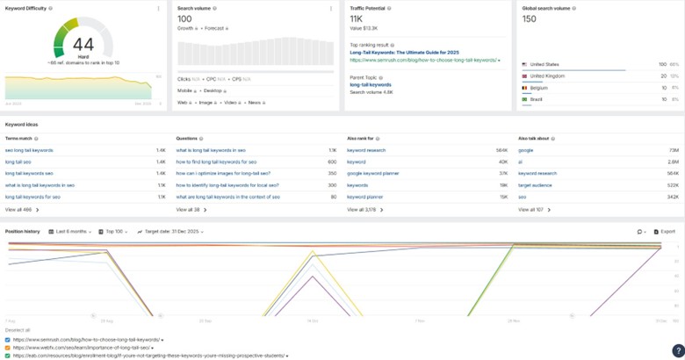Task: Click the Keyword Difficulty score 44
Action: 83,44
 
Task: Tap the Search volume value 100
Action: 184,18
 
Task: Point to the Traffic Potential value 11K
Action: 356,18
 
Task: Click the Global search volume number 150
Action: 529,18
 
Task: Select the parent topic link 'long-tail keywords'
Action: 371,84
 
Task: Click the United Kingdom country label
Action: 548,76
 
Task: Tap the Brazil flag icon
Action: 524,99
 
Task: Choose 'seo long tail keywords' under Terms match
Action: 29,150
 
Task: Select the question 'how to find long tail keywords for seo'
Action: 216,162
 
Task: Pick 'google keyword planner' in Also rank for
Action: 372,173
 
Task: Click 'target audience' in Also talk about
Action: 536,184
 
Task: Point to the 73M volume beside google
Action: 673,150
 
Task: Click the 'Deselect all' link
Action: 18,330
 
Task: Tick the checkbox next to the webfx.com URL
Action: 8,348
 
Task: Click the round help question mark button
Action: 677,351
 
